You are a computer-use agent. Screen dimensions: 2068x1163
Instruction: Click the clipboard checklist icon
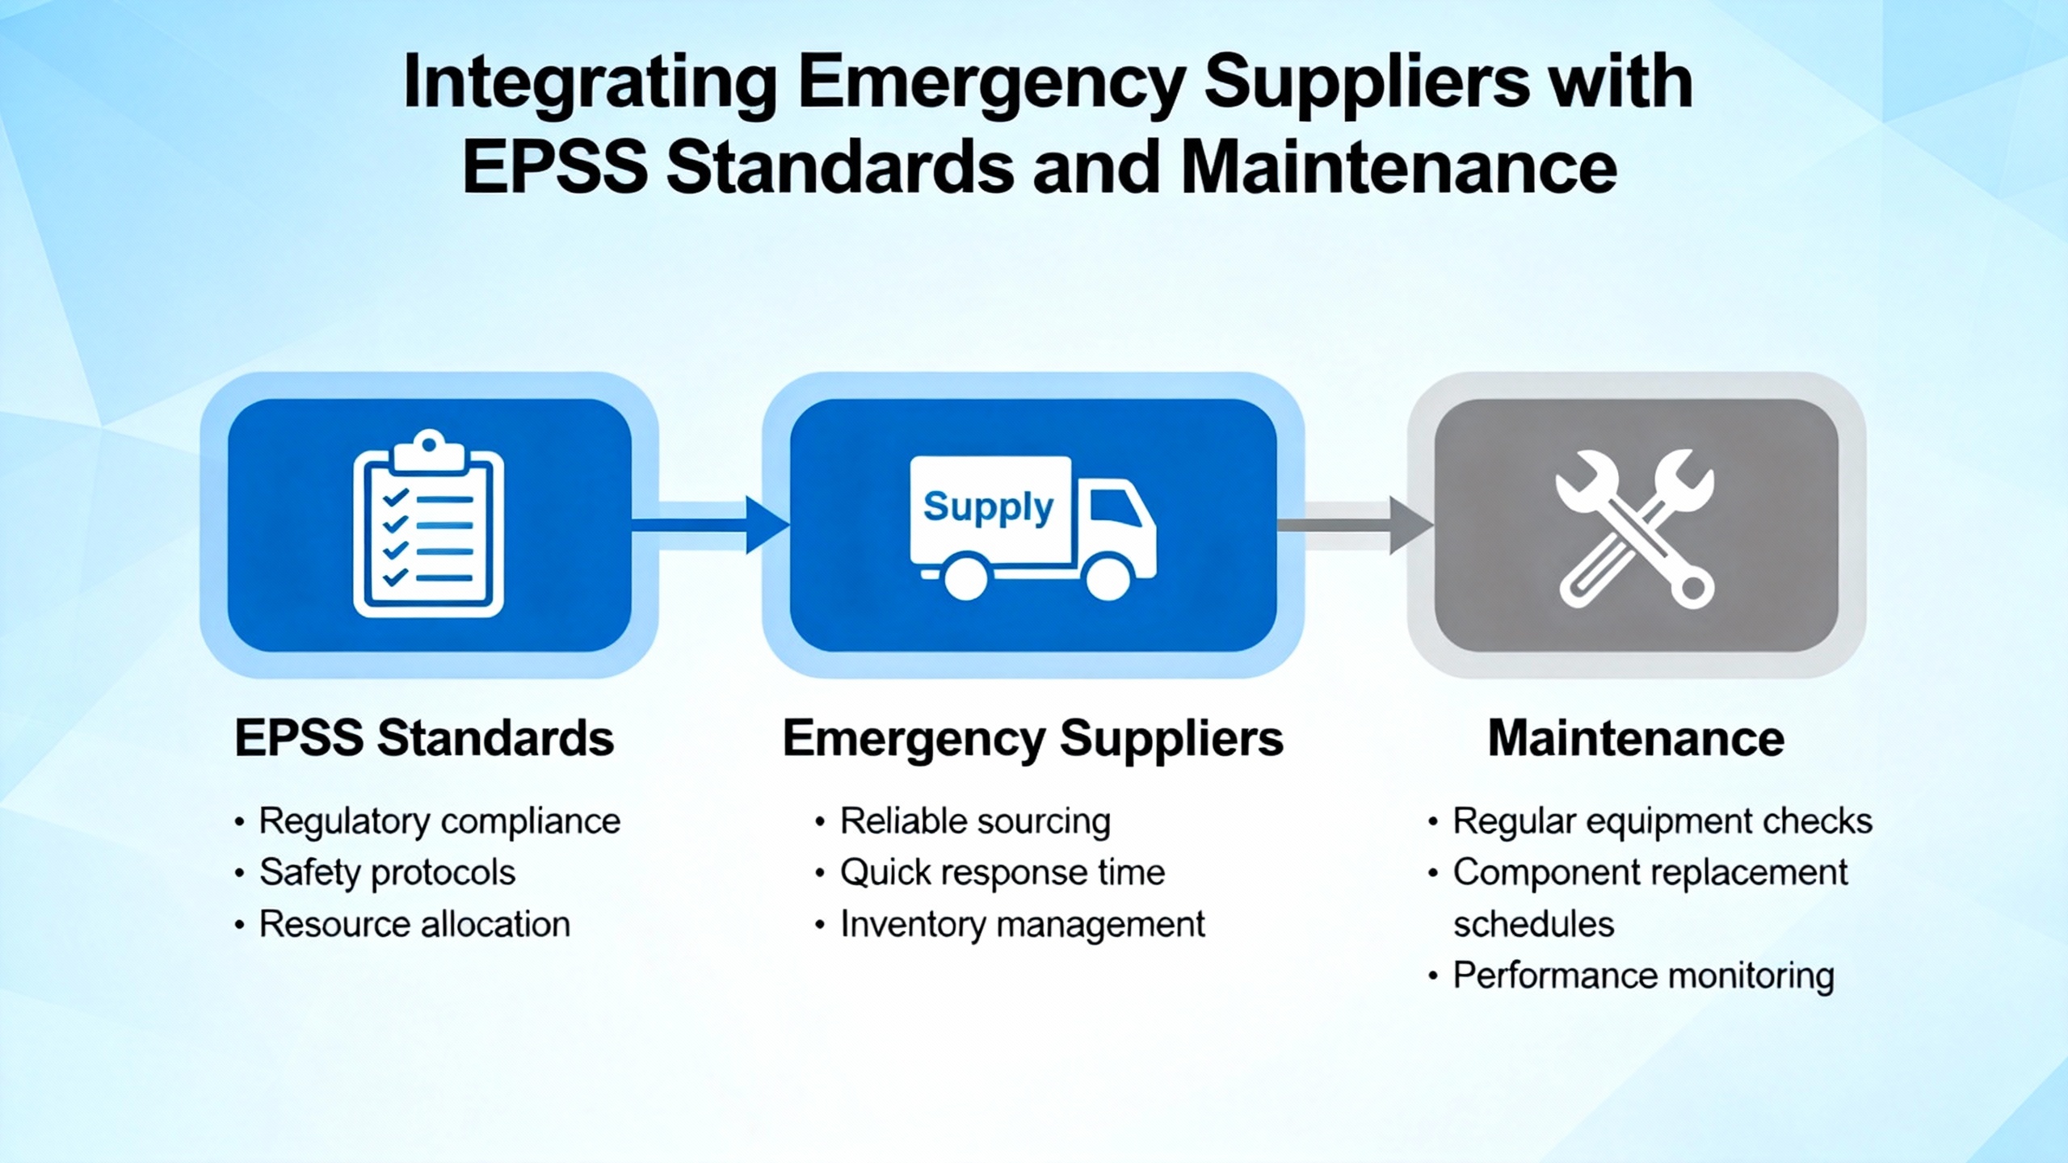click(429, 524)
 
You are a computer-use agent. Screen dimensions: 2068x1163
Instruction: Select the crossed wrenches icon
click(1636, 529)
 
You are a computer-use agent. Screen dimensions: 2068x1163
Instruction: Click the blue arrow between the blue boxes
click(710, 526)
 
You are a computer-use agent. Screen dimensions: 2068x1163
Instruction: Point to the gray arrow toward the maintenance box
click(1355, 526)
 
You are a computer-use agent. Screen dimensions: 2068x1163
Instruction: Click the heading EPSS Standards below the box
click(424, 738)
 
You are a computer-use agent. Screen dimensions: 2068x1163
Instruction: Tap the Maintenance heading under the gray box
click(1636, 738)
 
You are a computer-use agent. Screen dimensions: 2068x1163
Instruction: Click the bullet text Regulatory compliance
click(439, 822)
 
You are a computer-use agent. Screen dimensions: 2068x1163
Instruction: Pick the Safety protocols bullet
click(387, 873)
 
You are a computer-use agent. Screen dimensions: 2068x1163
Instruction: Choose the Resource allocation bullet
click(414, 924)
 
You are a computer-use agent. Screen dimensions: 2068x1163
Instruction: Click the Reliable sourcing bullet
click(975, 822)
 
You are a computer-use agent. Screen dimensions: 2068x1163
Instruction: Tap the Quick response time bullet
click(1002, 873)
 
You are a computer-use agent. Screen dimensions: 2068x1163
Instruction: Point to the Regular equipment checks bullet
click(1662, 822)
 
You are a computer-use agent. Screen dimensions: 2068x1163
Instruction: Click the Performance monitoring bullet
click(1643, 976)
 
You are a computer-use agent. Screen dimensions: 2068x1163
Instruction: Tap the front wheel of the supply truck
click(1108, 577)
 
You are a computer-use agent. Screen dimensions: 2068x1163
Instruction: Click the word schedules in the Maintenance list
click(1533, 924)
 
